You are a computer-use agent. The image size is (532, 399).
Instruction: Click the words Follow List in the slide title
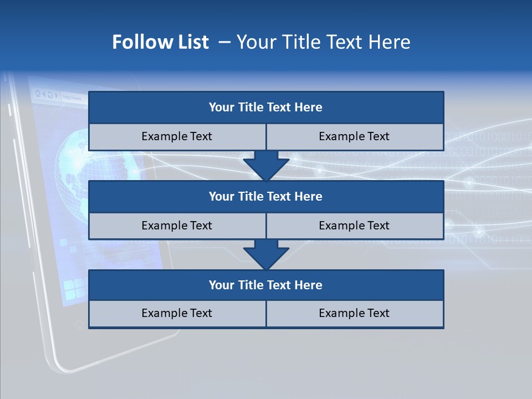(161, 42)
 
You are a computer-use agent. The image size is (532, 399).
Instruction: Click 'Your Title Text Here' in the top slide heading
(324, 42)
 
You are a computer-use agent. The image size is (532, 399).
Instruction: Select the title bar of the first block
(266, 108)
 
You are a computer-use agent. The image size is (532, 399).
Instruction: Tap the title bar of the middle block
(266, 196)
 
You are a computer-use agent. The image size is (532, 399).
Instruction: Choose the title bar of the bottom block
(266, 285)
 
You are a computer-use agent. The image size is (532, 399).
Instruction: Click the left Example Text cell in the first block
(177, 136)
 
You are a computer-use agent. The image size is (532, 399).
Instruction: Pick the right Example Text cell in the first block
(354, 136)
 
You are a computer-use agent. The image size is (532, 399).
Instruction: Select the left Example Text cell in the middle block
(177, 226)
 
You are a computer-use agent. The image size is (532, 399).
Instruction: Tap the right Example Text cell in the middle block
(354, 226)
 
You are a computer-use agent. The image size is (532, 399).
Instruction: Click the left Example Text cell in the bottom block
(177, 313)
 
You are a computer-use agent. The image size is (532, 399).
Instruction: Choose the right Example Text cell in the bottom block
(354, 313)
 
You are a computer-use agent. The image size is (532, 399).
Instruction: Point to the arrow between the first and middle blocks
(266, 165)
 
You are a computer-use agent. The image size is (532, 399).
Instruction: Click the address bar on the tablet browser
(72, 97)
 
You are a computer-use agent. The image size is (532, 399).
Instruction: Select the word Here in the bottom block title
(308, 285)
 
